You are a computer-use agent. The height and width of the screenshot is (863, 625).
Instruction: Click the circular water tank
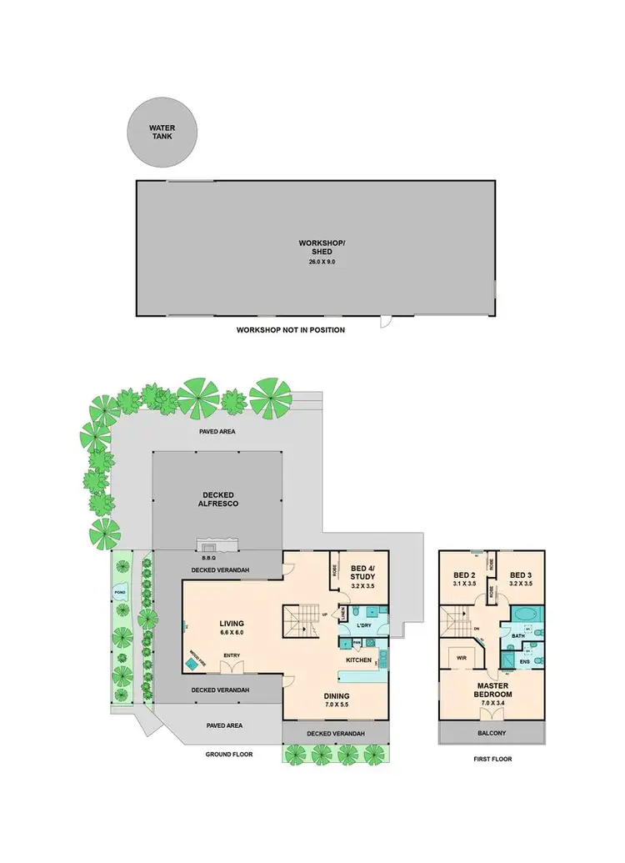pyautogui.click(x=162, y=132)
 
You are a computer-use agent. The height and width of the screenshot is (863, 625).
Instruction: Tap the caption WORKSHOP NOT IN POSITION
pyautogui.click(x=290, y=330)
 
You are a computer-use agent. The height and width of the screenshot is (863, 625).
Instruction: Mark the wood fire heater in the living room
pyautogui.click(x=196, y=658)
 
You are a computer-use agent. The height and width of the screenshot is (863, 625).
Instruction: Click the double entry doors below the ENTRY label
pyautogui.click(x=232, y=667)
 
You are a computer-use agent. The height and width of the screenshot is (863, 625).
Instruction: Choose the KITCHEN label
pyautogui.click(x=358, y=660)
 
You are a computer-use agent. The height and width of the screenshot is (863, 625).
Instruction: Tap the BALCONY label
pyautogui.click(x=492, y=733)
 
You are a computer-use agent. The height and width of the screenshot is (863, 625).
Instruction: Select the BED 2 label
pyautogui.click(x=463, y=574)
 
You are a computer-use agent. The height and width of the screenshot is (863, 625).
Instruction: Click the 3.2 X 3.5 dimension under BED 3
pyautogui.click(x=521, y=584)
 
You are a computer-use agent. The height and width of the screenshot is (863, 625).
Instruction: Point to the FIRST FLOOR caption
pyautogui.click(x=492, y=759)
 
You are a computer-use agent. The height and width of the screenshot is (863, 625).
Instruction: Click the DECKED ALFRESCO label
pyautogui.click(x=216, y=499)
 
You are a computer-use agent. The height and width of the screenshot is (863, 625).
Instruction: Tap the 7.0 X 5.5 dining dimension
pyautogui.click(x=337, y=705)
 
